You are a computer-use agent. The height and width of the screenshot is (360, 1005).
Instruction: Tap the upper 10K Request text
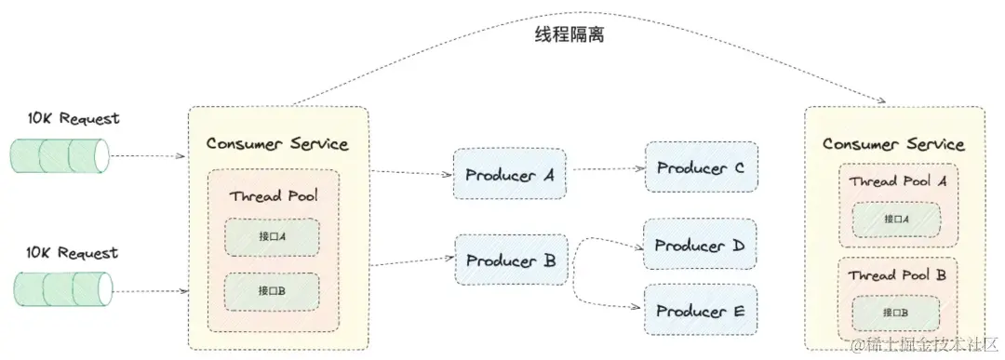[x=74, y=119]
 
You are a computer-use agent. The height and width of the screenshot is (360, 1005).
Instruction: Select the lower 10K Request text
[x=74, y=253]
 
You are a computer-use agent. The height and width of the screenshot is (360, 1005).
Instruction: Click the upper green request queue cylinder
[x=60, y=155]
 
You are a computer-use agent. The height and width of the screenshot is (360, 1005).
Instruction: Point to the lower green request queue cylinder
[x=60, y=289]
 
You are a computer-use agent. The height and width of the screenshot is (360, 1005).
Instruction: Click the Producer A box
[x=509, y=173]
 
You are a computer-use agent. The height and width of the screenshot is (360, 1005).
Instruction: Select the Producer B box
[x=509, y=260]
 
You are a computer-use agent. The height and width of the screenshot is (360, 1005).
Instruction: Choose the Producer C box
[x=701, y=167]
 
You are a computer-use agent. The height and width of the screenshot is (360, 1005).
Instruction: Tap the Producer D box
[x=700, y=246]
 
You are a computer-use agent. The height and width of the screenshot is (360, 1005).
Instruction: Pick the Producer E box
[x=700, y=311]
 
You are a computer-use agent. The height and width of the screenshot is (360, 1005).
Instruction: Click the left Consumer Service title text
[x=277, y=143]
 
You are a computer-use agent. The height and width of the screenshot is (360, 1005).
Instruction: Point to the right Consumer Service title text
[x=893, y=144]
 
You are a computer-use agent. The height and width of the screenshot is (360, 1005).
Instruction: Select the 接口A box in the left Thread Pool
[x=272, y=237]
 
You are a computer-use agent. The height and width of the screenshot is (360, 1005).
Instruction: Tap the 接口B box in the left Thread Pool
[x=272, y=291]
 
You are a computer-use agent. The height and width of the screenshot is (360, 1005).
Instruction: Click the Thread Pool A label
[x=897, y=181]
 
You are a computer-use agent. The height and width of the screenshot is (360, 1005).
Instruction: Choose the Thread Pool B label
[x=897, y=275]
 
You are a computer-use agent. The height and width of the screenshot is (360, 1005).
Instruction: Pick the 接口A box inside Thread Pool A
[x=895, y=220]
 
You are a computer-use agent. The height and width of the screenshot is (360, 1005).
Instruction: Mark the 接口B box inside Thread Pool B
[x=895, y=312]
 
